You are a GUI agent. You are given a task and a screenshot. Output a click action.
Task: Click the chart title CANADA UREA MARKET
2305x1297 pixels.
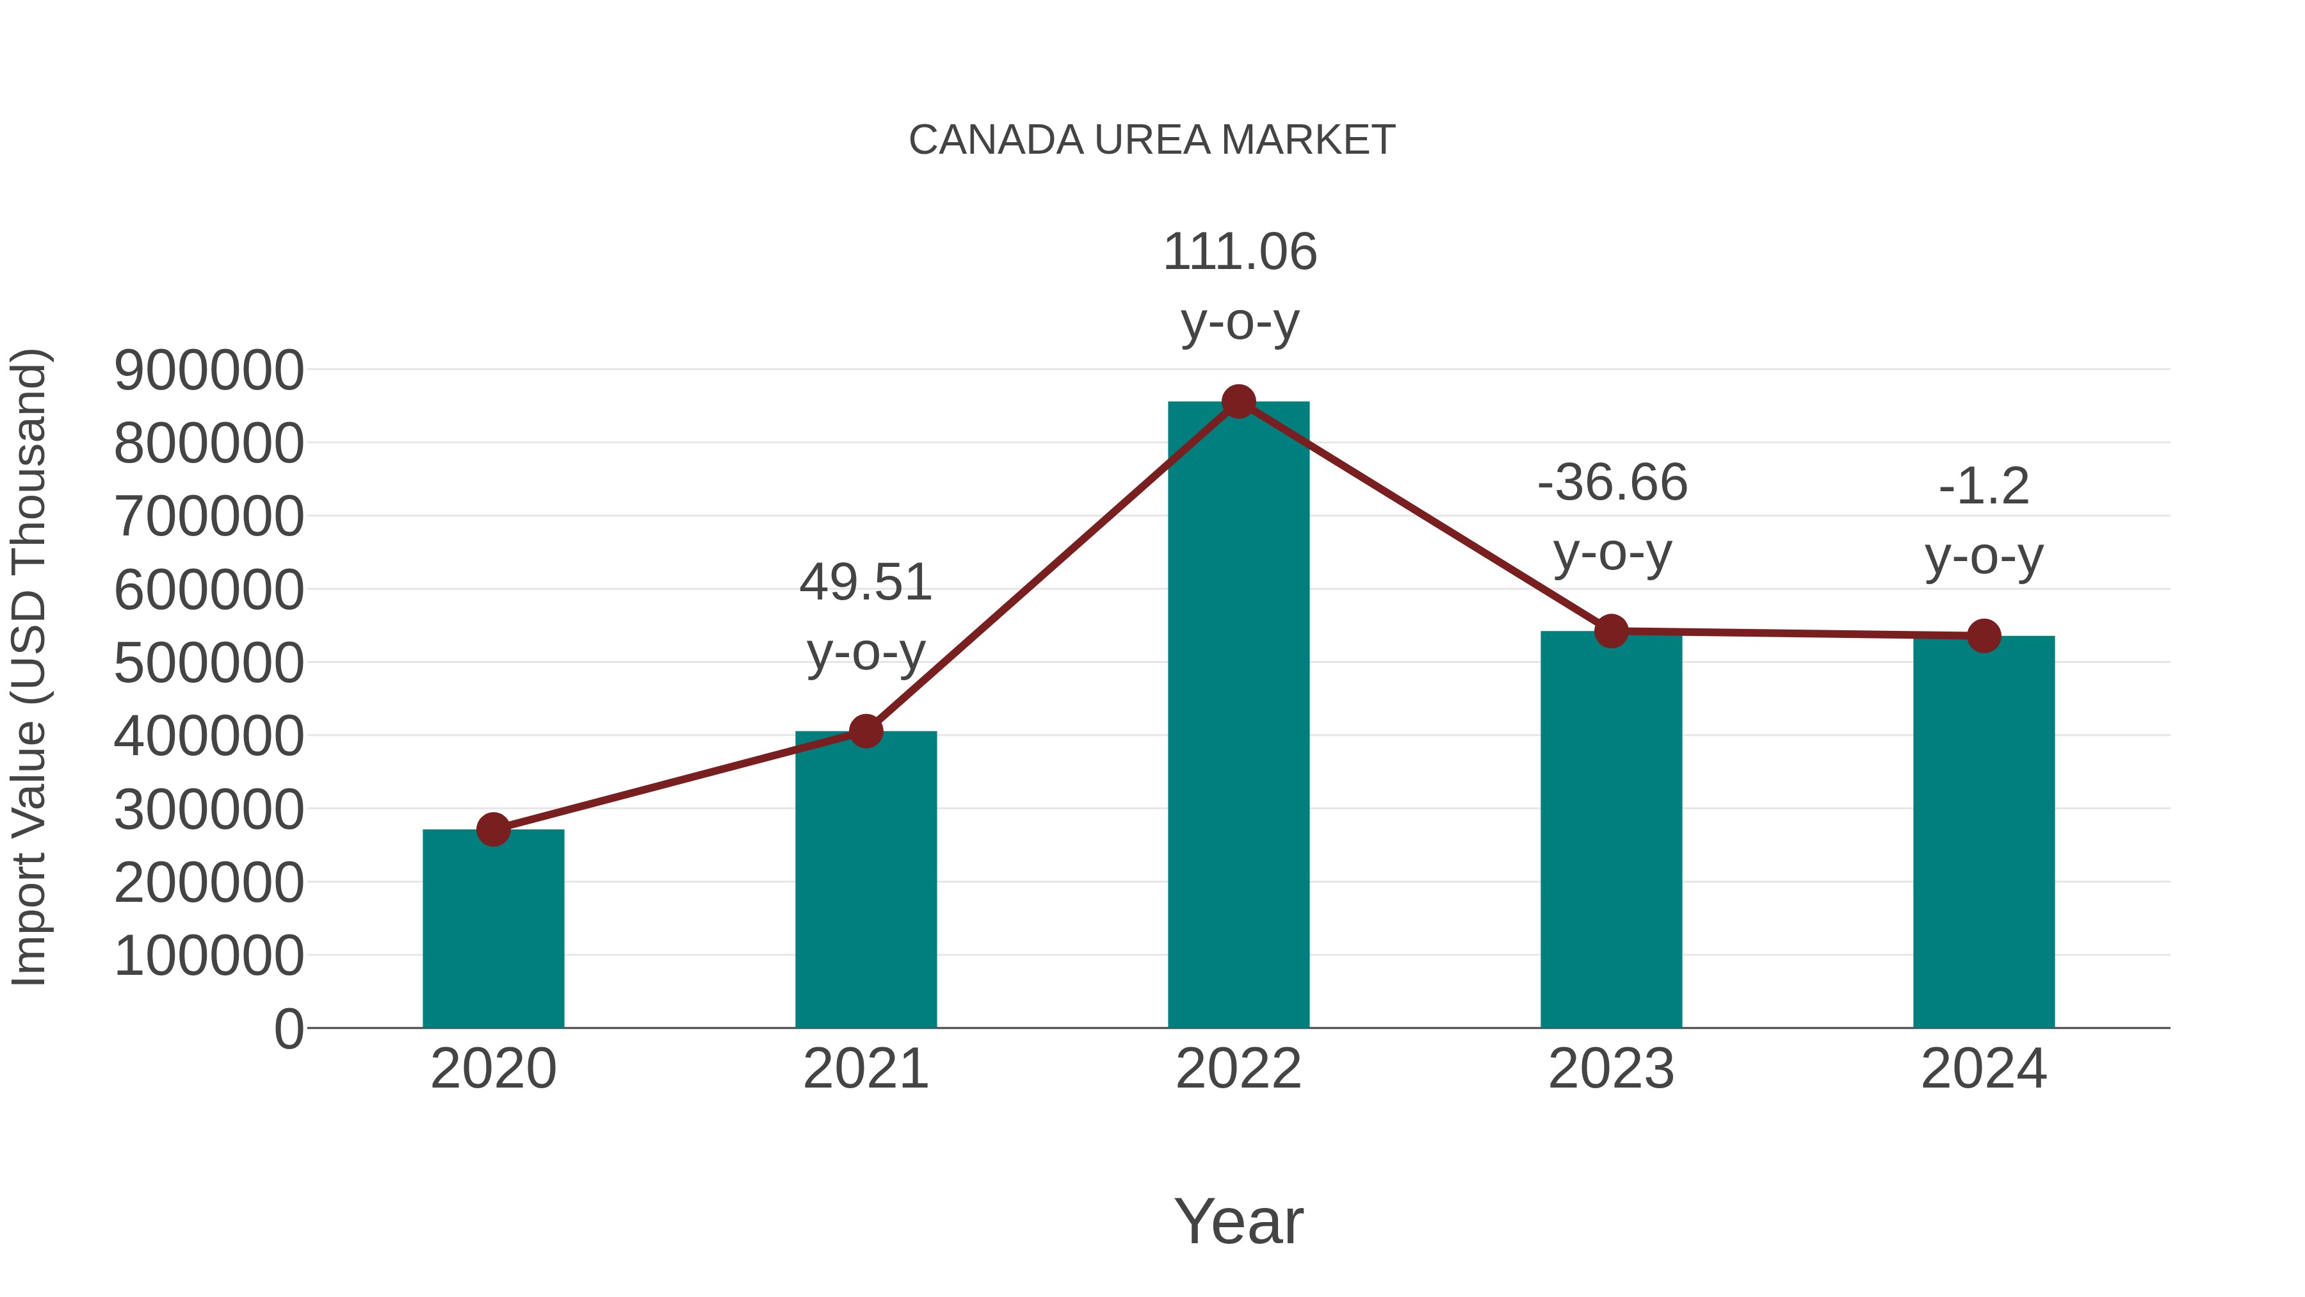tap(1152, 140)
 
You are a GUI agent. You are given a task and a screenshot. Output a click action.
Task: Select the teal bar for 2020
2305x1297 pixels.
tap(493, 931)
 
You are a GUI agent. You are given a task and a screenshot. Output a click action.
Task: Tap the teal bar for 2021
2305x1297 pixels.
tap(865, 882)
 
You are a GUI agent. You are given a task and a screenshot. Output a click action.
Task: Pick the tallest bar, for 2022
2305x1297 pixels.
tap(1238, 716)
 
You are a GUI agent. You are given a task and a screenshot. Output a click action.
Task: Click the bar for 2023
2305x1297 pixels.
tap(1611, 833)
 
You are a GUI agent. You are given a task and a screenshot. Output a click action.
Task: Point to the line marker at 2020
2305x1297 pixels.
tap(493, 829)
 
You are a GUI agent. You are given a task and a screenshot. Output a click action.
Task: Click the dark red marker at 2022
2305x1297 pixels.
tap(1238, 402)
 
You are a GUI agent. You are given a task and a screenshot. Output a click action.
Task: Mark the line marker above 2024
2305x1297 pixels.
tap(1984, 635)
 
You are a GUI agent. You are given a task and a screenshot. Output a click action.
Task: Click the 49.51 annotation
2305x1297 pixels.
tap(865, 583)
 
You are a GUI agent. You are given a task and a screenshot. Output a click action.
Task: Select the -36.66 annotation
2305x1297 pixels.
tap(1612, 484)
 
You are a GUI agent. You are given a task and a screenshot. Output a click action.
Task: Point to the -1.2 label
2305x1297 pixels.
tap(1984, 488)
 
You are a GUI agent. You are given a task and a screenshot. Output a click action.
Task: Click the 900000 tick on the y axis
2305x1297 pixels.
tap(209, 371)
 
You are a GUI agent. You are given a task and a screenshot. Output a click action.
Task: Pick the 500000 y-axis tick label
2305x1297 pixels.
tap(209, 664)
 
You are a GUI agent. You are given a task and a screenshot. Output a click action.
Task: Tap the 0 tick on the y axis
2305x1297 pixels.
tap(288, 1029)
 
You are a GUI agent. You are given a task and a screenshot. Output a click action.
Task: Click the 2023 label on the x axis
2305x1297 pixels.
tap(1611, 1069)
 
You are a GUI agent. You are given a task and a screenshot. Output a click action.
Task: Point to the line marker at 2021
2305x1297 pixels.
tap(865, 731)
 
